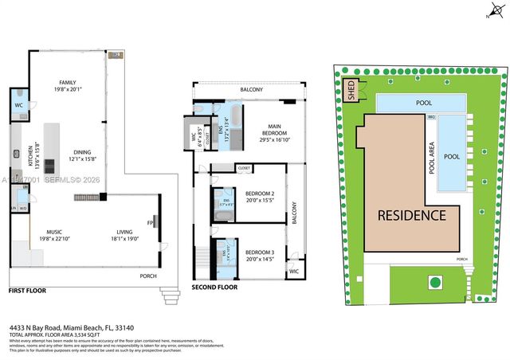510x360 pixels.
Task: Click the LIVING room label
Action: coord(124,229)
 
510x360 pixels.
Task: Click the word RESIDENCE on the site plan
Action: coord(411,216)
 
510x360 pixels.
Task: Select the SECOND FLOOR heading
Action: coord(214,288)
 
